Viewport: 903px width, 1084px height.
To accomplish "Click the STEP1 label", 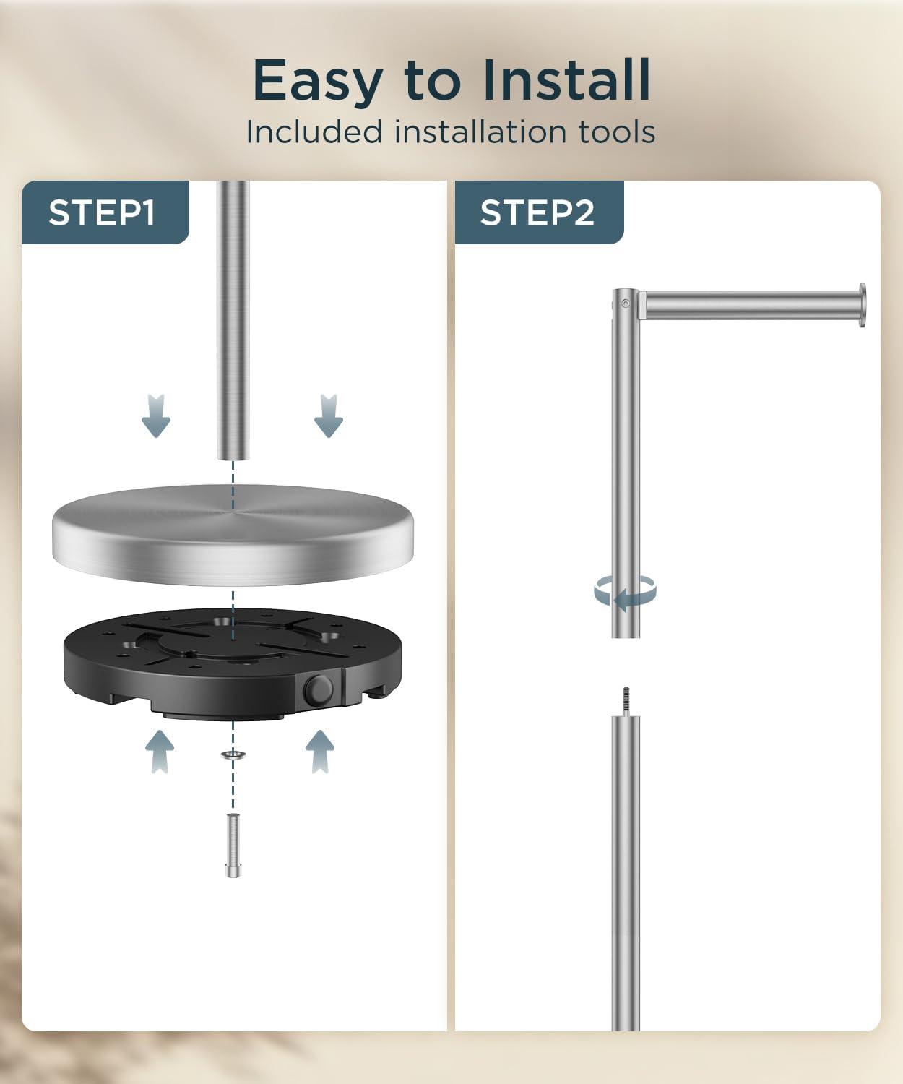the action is [x=102, y=213].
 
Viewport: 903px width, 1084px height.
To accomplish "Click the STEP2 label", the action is [x=537, y=213].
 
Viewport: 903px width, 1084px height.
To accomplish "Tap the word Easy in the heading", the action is [x=318, y=82].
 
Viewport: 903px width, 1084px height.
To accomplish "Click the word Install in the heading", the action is [x=566, y=79].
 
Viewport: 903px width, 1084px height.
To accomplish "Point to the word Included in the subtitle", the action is [x=314, y=132].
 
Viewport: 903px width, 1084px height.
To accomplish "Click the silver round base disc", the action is [x=233, y=535].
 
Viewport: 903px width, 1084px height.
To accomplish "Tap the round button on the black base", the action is [x=319, y=690].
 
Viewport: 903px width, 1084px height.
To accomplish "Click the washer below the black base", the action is [x=233, y=754].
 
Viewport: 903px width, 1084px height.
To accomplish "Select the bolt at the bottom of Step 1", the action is [x=233, y=846].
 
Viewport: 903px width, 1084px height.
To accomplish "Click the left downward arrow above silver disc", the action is [x=156, y=416].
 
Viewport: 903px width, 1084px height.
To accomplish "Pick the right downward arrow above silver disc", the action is [x=329, y=416].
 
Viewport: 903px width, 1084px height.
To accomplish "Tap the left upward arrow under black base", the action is [x=160, y=752].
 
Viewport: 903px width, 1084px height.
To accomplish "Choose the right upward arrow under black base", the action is [x=320, y=752].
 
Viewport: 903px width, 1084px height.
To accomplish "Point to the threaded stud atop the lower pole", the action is [x=626, y=702].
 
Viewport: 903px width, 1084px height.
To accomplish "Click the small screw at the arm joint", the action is [x=626, y=304].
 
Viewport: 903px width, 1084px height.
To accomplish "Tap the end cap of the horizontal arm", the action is [x=862, y=305].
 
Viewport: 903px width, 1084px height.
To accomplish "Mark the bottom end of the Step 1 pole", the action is [x=233, y=459].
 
